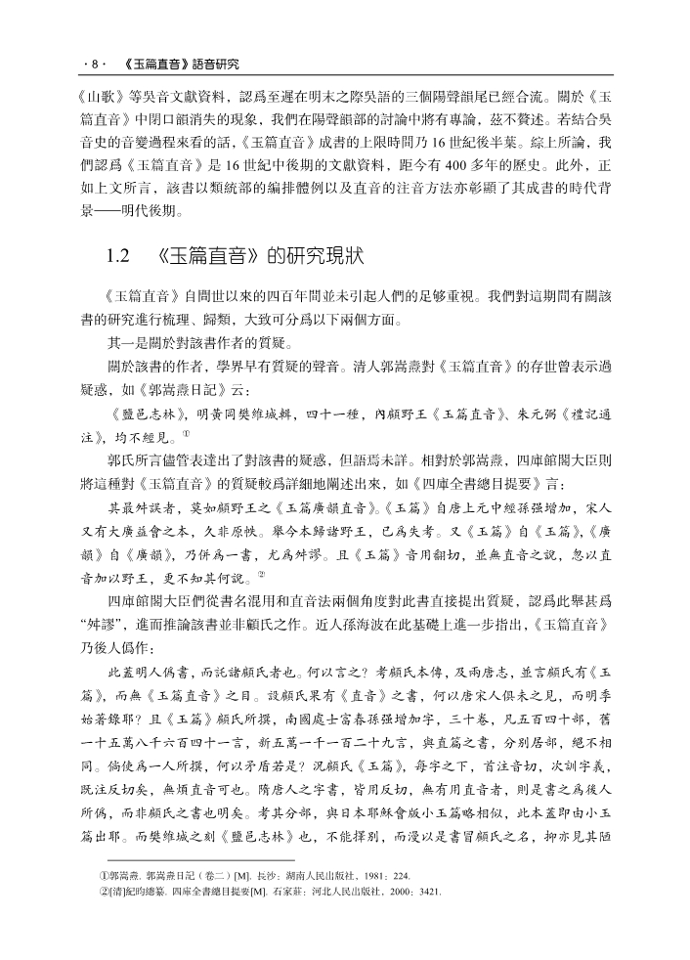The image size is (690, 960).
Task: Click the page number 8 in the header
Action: (x=94, y=65)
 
